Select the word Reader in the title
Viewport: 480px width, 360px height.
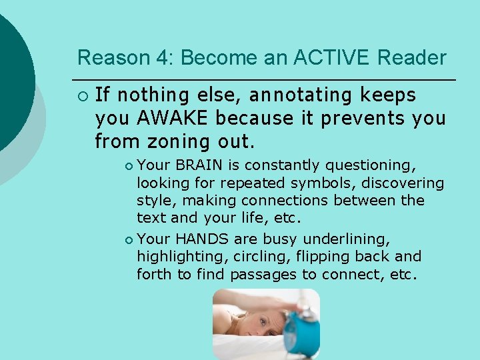(411, 58)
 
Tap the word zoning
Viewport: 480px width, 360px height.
(176, 141)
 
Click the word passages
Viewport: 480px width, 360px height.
(263, 274)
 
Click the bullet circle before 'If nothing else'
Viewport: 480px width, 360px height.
(81, 96)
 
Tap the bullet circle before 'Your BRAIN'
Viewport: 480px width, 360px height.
(129, 165)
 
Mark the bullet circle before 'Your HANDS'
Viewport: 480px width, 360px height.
(129, 239)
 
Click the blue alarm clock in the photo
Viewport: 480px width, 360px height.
(302, 333)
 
